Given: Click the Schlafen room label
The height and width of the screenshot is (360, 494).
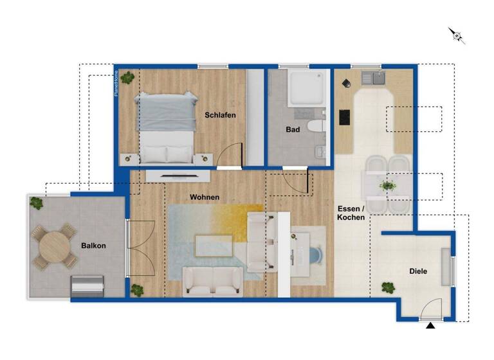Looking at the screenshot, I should (220, 115).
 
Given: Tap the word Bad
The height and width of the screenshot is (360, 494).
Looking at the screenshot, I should (293, 129).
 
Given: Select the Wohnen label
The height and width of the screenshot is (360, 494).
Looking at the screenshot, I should (204, 197).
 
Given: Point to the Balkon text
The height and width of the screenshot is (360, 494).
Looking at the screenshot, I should (93, 246).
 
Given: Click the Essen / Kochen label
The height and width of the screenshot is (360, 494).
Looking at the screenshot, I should (351, 213).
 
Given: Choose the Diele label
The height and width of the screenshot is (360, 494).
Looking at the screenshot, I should (418, 271).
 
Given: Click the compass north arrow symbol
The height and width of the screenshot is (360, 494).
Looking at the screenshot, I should (457, 35).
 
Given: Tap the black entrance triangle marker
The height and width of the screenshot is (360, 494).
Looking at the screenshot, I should (430, 327).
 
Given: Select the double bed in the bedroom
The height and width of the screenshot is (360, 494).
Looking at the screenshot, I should (167, 127).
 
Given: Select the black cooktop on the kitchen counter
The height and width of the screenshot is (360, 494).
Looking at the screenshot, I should (344, 118).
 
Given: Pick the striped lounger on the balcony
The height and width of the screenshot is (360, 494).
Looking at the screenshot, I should (87, 284).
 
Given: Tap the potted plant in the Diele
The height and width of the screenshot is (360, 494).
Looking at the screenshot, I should (388, 288).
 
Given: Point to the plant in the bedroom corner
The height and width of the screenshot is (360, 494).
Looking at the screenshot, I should (128, 77).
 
